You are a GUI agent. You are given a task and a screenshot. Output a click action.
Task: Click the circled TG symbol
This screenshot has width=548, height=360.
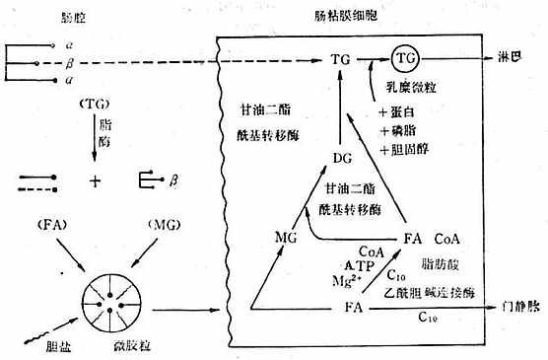405,59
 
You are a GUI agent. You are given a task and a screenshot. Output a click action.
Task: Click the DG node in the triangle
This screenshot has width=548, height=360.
342,158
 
